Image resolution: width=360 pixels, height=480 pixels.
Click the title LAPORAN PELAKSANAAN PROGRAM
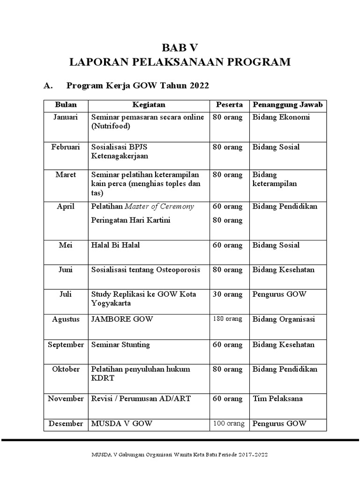click(180, 62)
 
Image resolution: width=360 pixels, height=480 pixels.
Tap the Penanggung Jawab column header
click(288, 105)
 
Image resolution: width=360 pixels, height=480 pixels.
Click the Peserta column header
click(229, 105)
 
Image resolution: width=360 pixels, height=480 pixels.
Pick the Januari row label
click(65, 117)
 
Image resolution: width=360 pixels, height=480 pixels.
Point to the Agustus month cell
click(66, 320)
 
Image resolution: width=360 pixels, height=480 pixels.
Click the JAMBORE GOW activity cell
click(122, 320)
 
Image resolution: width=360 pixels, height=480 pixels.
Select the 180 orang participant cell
click(227, 319)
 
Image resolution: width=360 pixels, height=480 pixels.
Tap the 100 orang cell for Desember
click(228, 424)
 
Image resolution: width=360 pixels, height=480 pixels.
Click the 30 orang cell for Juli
click(227, 294)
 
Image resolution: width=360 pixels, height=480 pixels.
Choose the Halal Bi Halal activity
click(115, 245)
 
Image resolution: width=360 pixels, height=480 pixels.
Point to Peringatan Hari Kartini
click(131, 220)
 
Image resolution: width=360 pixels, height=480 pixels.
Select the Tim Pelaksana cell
click(277, 399)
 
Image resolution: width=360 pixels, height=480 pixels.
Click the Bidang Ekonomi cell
click(281, 117)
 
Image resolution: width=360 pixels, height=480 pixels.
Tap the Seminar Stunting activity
click(120, 345)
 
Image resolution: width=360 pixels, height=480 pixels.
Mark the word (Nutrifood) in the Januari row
click(111, 126)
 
